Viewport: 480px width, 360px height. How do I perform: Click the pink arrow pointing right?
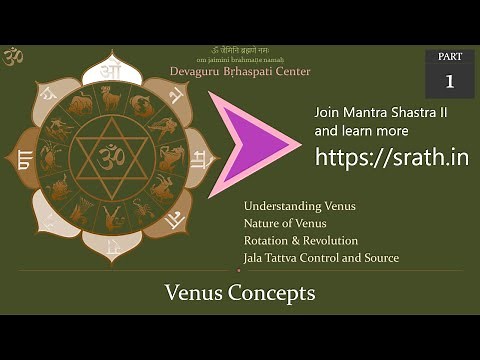[250, 141]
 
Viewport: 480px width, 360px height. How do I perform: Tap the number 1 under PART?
[449, 81]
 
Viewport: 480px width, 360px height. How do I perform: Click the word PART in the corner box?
[449, 57]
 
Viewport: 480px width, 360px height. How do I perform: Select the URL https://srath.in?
[391, 157]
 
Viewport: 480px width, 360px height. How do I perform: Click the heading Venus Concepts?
[240, 293]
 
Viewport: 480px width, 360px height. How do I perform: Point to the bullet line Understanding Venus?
[299, 206]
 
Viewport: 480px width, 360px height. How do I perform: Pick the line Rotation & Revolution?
[300, 240]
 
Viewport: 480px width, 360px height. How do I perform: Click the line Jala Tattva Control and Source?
[320, 257]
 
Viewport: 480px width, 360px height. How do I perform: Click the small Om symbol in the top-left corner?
[13, 57]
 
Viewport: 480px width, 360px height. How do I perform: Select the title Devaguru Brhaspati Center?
[255, 71]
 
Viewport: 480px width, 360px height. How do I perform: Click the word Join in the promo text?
[328, 112]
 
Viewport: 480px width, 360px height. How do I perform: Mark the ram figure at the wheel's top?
[109, 97]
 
